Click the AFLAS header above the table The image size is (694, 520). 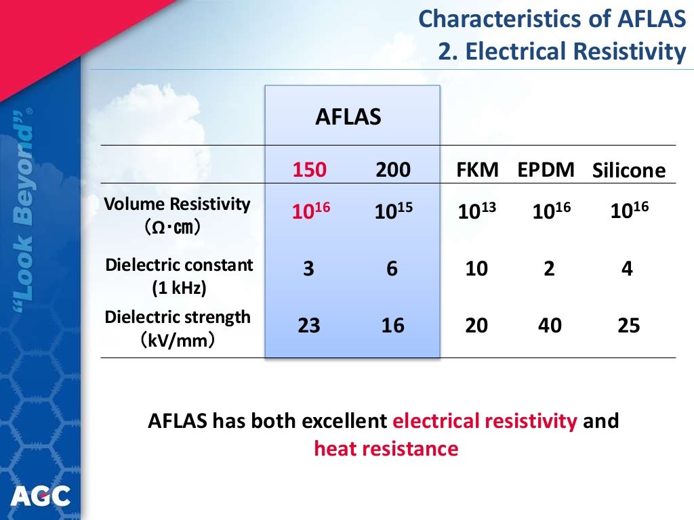click(348, 117)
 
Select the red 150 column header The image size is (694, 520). click(310, 169)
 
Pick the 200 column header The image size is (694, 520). click(393, 169)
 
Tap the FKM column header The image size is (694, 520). click(478, 169)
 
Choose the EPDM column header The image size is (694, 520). click(546, 169)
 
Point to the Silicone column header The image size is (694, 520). click(629, 171)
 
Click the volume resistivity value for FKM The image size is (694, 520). click(477, 211)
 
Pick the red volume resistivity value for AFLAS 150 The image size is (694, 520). click(310, 211)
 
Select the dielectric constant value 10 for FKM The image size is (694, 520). click(476, 269)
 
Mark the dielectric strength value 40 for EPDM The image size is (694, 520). click(550, 326)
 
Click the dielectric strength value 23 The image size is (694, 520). click(309, 326)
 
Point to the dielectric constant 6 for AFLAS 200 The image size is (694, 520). click(392, 269)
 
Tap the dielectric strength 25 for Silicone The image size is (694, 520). click(628, 326)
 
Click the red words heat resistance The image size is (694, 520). click(386, 448)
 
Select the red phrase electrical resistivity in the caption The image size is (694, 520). click(485, 421)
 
